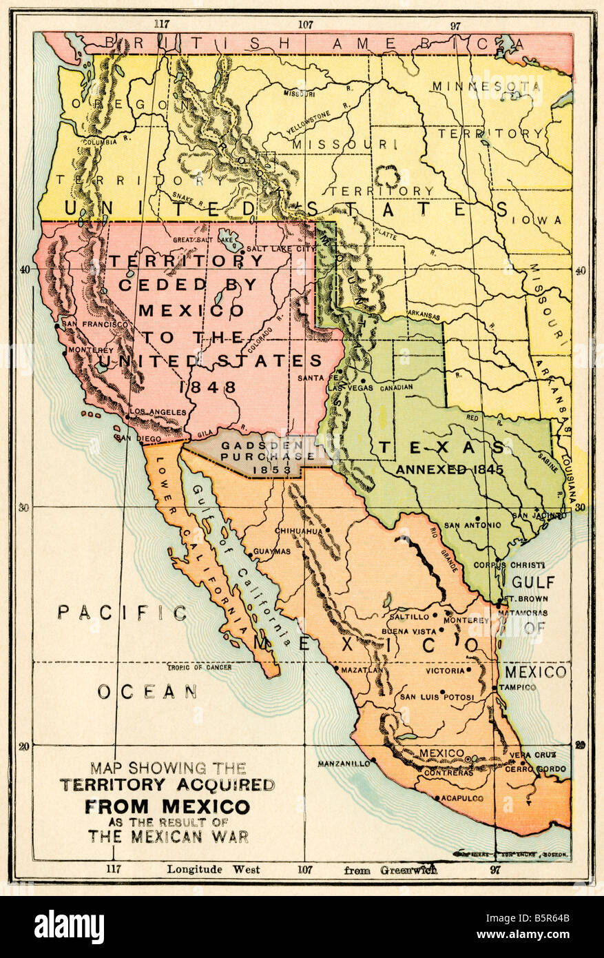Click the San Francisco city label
[x=94, y=323]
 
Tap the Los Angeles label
[x=158, y=411]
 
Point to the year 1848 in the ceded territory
[x=207, y=387]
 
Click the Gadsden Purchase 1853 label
[x=266, y=456]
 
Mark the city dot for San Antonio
[x=477, y=518]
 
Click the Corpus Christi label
[x=509, y=564]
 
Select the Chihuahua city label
[x=298, y=531]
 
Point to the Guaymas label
[x=272, y=551]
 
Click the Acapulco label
[x=460, y=798]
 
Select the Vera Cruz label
[x=532, y=755]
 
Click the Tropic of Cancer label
[x=200, y=667]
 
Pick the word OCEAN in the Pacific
[x=147, y=691]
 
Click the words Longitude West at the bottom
[x=213, y=869]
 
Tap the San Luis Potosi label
[x=437, y=697]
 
